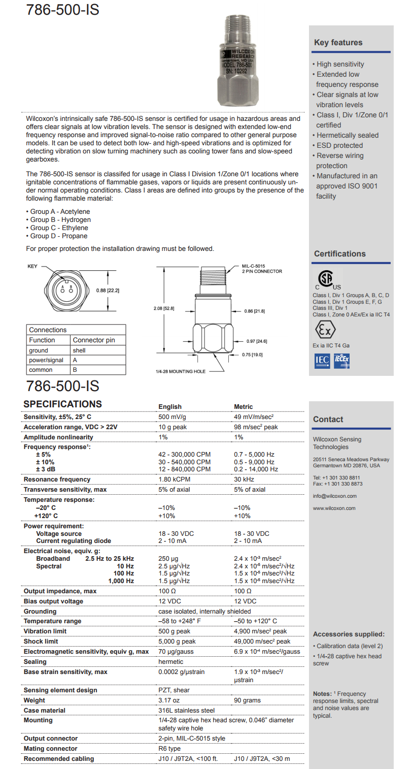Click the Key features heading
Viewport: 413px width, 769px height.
pyautogui.click(x=338, y=43)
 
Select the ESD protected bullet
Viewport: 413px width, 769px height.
pyautogui.click(x=339, y=145)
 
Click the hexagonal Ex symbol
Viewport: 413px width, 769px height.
pyautogui.click(x=325, y=330)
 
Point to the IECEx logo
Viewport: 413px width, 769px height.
pyautogui.click(x=341, y=361)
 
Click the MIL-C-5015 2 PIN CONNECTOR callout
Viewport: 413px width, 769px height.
pyautogui.click(x=261, y=268)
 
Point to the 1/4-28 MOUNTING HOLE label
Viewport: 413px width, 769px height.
pyautogui.click(x=180, y=371)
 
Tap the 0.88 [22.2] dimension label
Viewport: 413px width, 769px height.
pyautogui.click(x=108, y=291)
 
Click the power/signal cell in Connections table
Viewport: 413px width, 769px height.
pyautogui.click(x=46, y=360)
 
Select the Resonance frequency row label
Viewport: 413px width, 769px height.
pyautogui.click(x=57, y=479)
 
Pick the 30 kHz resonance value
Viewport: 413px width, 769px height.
pyautogui.click(x=244, y=479)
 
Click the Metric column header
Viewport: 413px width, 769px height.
pyautogui.click(x=243, y=406)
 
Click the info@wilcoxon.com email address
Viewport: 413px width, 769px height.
pyautogui.click(x=334, y=496)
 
